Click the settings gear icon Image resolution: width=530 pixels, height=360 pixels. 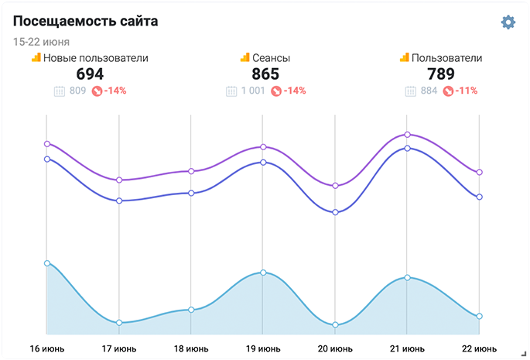[508, 22]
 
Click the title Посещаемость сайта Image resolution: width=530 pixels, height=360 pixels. [86, 22]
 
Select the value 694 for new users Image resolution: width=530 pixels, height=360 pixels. [90, 74]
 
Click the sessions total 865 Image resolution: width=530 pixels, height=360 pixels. [265, 74]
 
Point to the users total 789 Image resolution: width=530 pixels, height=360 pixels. [441, 74]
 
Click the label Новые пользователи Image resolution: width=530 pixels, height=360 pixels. [95, 58]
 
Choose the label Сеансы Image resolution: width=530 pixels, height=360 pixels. [271, 58]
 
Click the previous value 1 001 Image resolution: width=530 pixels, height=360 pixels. [253, 91]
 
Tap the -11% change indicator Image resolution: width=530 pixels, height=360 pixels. [466, 91]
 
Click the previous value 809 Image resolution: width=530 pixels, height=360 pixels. [77, 91]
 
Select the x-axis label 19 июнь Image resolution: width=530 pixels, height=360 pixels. [263, 348]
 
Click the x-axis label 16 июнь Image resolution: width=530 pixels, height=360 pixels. [47, 348]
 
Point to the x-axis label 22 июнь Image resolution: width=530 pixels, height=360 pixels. [479, 348]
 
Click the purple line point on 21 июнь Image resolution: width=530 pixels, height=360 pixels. [407, 135]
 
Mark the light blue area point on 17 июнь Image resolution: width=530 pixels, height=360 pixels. [119, 323]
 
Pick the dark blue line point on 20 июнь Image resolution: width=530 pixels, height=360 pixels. [335, 212]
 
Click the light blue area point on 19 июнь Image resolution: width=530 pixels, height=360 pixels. [263, 273]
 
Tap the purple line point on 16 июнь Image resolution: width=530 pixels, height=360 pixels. [47, 143]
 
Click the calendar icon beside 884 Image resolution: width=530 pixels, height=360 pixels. [410, 91]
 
